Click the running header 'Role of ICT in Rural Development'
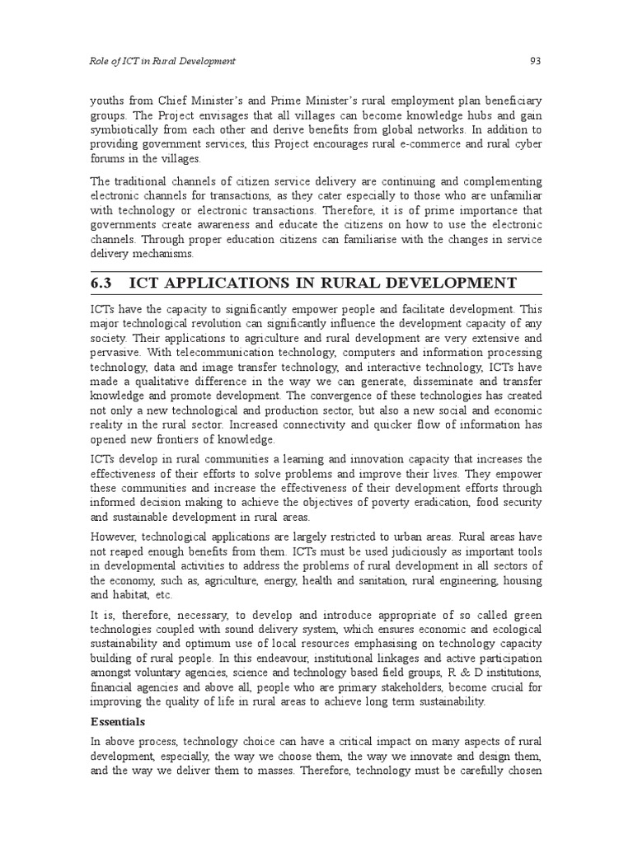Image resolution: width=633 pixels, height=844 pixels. pos(162,61)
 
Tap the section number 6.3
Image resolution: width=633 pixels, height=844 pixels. pos(103,283)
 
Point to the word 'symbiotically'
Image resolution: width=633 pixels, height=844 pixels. pos(126,129)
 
